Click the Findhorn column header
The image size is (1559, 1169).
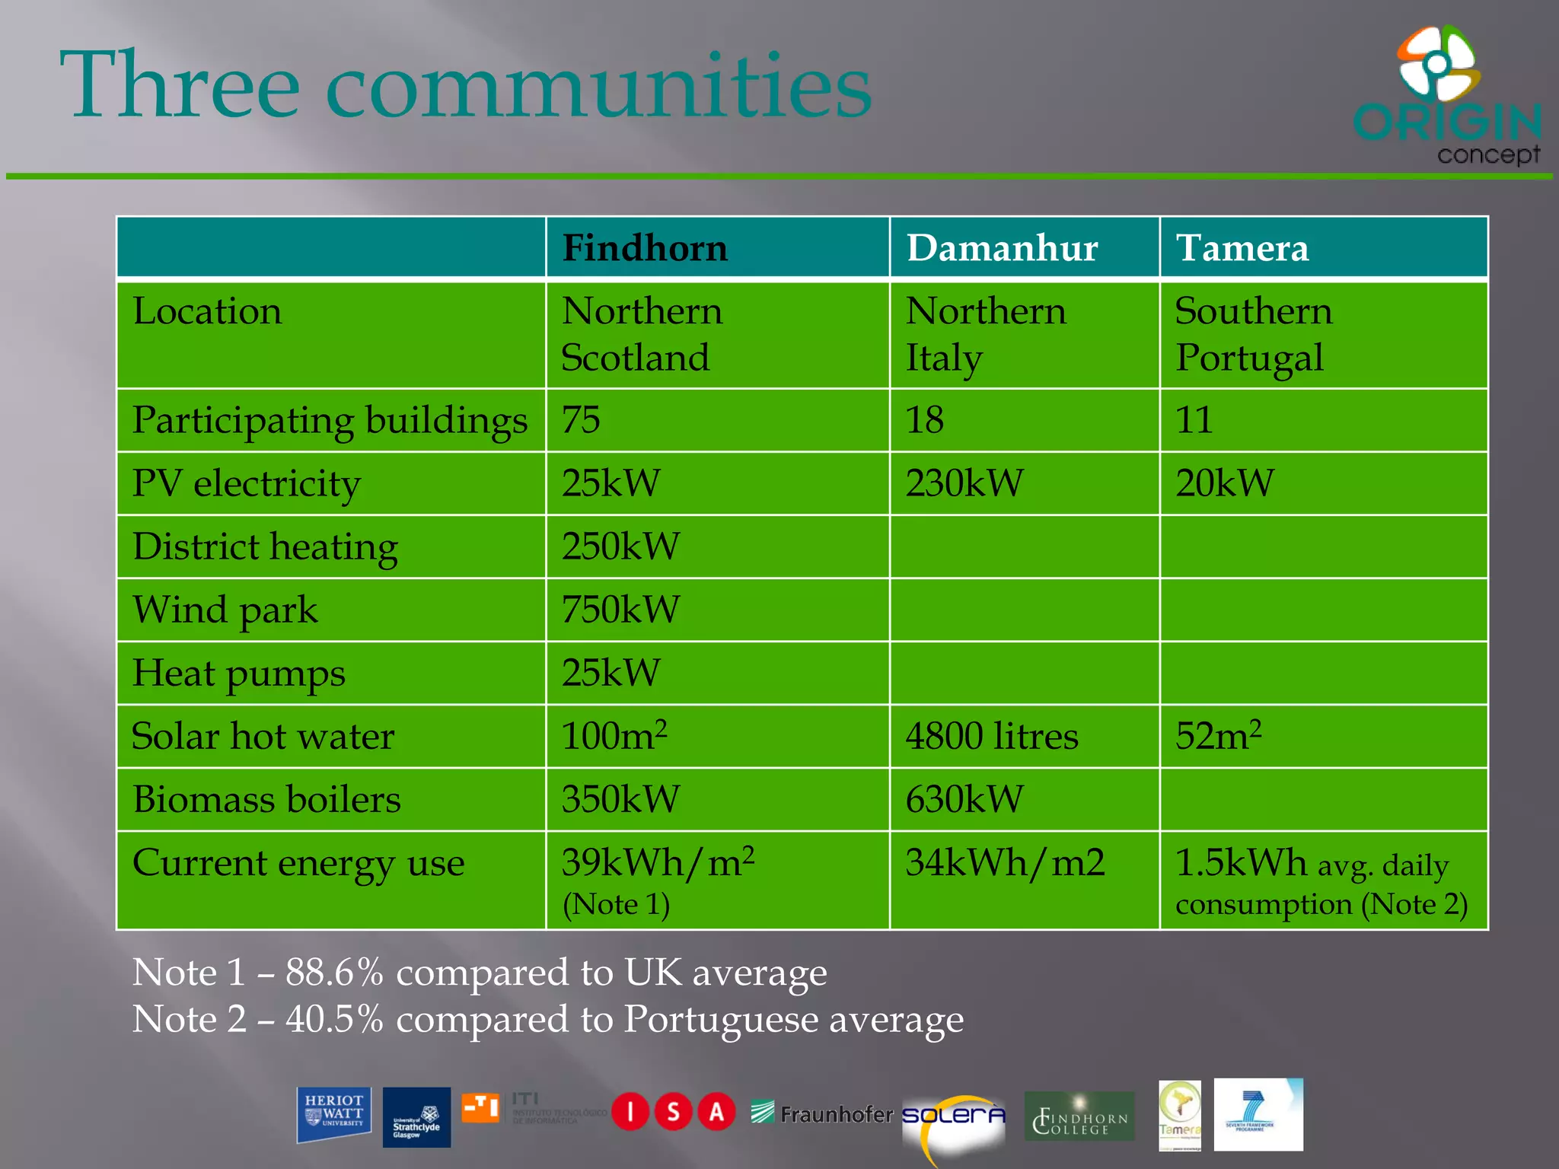tap(645, 248)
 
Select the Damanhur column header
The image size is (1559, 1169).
tap(1002, 248)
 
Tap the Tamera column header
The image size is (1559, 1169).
tap(1242, 248)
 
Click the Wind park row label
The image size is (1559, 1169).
tap(225, 610)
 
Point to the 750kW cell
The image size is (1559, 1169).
tap(620, 610)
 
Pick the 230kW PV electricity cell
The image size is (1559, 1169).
tap(964, 483)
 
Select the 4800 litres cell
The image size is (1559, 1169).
tap(992, 737)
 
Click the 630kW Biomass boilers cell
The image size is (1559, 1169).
tap(964, 800)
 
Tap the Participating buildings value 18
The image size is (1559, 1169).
tap(925, 420)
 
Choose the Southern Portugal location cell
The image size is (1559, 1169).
tap(1253, 335)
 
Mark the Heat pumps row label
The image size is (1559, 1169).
tap(239, 674)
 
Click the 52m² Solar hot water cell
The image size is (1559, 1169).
tap(1218, 736)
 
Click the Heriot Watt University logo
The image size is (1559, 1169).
tap(333, 1114)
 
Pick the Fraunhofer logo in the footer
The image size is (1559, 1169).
tap(821, 1114)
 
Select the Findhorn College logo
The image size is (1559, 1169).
tap(1079, 1116)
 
